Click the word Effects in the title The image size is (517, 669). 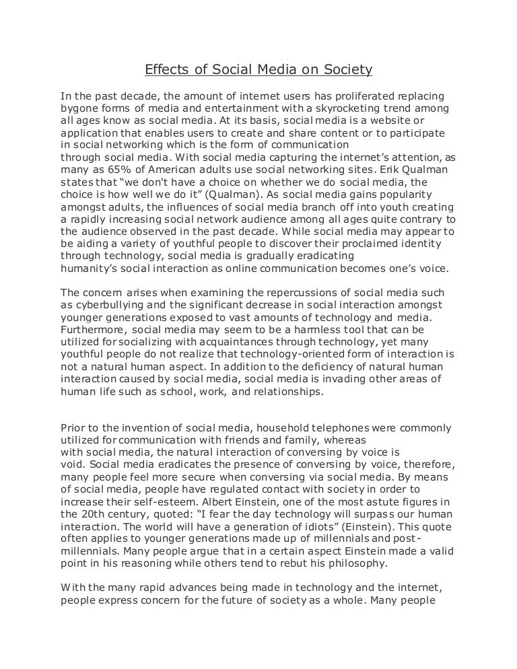point(166,69)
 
